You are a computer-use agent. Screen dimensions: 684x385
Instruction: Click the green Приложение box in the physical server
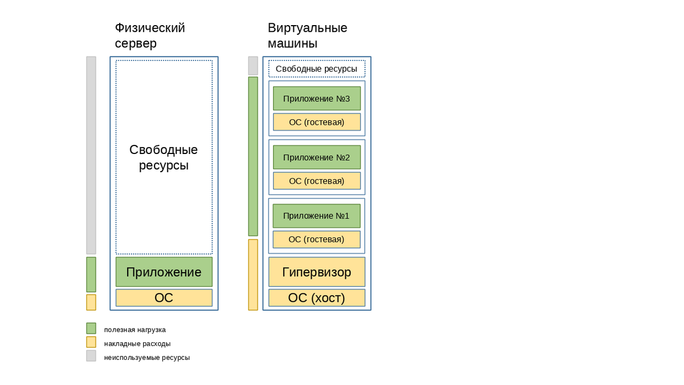click(x=164, y=271)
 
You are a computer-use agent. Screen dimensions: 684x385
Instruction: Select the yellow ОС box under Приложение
click(x=164, y=298)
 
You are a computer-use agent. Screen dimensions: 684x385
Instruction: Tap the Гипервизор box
click(x=317, y=271)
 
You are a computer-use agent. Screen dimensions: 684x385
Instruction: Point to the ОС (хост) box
click(x=317, y=298)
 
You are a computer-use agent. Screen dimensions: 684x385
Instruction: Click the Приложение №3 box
click(x=317, y=98)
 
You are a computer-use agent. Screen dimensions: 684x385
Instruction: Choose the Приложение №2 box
click(x=317, y=157)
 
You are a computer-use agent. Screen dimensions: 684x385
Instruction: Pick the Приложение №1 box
click(x=316, y=216)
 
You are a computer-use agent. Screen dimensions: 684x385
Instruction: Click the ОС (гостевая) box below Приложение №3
click(x=317, y=122)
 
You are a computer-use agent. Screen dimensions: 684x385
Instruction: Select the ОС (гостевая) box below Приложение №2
click(x=317, y=181)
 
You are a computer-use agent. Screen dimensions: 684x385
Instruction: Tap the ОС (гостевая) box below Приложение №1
click(x=316, y=239)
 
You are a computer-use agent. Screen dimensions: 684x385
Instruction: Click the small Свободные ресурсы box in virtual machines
click(x=317, y=69)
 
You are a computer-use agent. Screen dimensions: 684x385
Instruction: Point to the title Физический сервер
click(x=150, y=35)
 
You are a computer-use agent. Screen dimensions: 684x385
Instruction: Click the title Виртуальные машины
click(x=307, y=35)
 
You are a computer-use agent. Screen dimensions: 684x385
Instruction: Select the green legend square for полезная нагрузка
click(x=91, y=328)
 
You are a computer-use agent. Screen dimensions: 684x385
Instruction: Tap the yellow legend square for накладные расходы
click(x=91, y=342)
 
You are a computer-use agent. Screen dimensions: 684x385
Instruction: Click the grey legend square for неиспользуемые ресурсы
click(x=91, y=356)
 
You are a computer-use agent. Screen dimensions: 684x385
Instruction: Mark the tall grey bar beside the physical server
click(x=91, y=155)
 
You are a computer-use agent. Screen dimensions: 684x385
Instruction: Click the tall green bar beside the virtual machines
click(x=253, y=156)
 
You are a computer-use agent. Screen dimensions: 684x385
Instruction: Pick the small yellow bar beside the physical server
click(x=91, y=302)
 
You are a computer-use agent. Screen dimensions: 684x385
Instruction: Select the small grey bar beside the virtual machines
click(x=253, y=66)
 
